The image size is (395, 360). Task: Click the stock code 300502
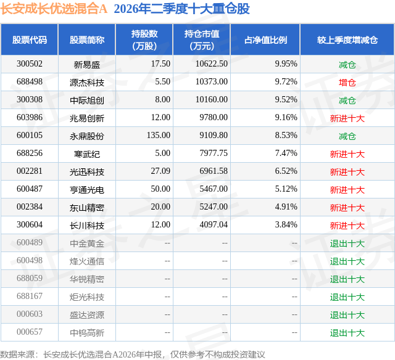[30, 64]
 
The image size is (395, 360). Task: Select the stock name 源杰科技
[87, 83]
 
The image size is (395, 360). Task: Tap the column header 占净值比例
[265, 39]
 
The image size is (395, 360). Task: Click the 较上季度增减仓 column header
[347, 39]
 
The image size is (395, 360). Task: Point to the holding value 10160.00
[212, 100]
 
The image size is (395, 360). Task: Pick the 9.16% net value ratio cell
[286, 118]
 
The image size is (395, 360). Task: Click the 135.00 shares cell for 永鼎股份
[159, 136]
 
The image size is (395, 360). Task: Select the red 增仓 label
[347, 83]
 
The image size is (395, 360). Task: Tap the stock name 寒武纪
[87, 154]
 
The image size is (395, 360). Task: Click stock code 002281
[30, 171]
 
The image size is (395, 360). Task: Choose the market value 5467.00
[214, 189]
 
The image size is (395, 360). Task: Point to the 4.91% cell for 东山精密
[286, 207]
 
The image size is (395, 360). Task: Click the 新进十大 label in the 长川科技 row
[347, 226]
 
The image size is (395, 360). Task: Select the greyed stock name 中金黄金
[87, 243]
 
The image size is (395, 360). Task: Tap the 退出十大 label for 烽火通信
[347, 261]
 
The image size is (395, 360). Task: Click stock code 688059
[30, 278]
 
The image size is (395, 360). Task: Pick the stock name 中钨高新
[87, 333]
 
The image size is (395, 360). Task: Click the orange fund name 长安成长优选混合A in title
[54, 9]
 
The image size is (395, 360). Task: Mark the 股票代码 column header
[30, 39]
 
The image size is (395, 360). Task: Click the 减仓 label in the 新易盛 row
[347, 65]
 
